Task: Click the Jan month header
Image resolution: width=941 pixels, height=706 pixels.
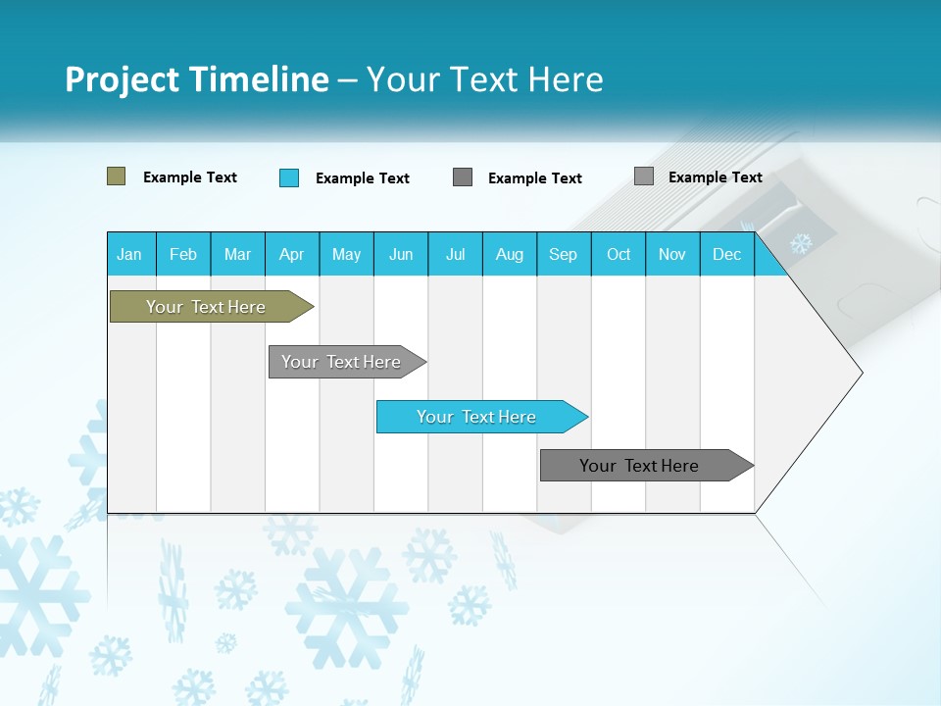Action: (x=130, y=254)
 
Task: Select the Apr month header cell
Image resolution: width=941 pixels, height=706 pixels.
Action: (x=292, y=254)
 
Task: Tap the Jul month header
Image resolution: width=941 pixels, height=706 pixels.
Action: (x=456, y=254)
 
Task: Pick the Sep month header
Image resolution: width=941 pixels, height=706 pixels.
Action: (x=564, y=254)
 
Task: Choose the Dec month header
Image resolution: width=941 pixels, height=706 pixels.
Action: (x=727, y=254)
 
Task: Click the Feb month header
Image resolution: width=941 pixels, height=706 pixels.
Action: (x=183, y=254)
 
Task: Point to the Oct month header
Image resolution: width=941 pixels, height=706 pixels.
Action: (x=619, y=254)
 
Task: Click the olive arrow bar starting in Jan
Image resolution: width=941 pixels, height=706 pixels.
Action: (x=207, y=307)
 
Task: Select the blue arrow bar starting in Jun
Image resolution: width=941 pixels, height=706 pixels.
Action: (x=477, y=417)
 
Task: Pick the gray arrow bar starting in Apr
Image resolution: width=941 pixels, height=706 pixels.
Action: (x=342, y=362)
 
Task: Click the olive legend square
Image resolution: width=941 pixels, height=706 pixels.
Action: (x=116, y=176)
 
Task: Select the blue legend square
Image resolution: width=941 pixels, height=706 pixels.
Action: (x=289, y=177)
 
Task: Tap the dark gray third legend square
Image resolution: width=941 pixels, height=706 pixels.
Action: (x=463, y=177)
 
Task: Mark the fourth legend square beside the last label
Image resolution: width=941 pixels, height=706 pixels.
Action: (x=644, y=176)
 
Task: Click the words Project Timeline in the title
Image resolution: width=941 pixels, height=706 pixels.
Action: (x=197, y=79)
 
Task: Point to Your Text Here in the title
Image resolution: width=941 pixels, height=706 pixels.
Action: (x=484, y=79)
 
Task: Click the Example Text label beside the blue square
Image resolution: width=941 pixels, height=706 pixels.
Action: (x=363, y=178)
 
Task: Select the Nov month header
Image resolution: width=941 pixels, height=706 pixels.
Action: (x=672, y=254)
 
